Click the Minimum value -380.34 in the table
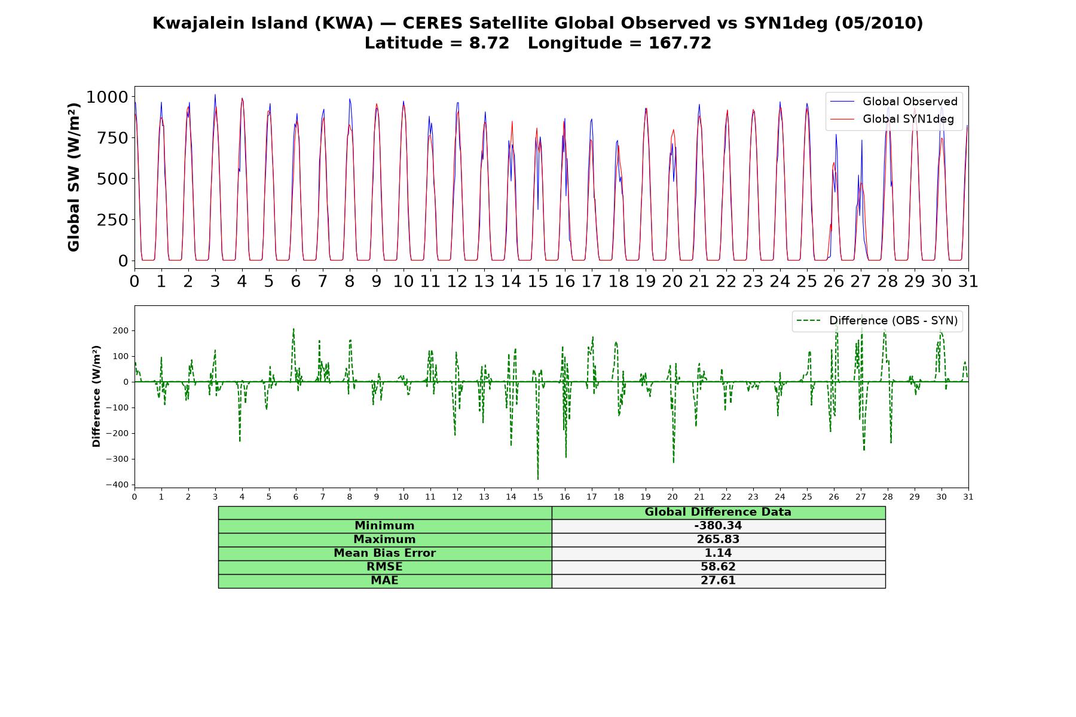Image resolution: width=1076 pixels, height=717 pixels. point(718,526)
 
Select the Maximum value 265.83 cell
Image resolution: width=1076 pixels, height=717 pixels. point(718,540)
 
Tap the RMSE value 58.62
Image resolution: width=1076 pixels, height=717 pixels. point(718,567)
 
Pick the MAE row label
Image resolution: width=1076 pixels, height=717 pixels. point(384,581)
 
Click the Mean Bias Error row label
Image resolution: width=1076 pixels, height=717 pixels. point(384,553)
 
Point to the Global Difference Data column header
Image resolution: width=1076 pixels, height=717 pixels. point(718,512)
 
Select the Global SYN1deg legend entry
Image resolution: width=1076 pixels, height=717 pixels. point(893,119)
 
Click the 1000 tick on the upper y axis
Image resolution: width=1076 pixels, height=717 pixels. point(107,97)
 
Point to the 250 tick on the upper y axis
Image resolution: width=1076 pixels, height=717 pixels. point(112,220)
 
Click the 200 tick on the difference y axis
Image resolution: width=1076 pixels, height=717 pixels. point(121,331)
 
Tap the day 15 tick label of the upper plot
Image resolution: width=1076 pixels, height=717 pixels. point(538,281)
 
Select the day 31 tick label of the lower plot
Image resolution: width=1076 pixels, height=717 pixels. point(968,497)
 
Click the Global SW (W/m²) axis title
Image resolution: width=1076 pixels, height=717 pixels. point(74,177)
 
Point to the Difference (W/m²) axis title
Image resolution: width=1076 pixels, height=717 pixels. point(96,396)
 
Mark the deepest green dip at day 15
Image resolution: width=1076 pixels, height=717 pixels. point(538,478)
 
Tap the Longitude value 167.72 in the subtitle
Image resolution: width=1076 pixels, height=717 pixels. point(680,44)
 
